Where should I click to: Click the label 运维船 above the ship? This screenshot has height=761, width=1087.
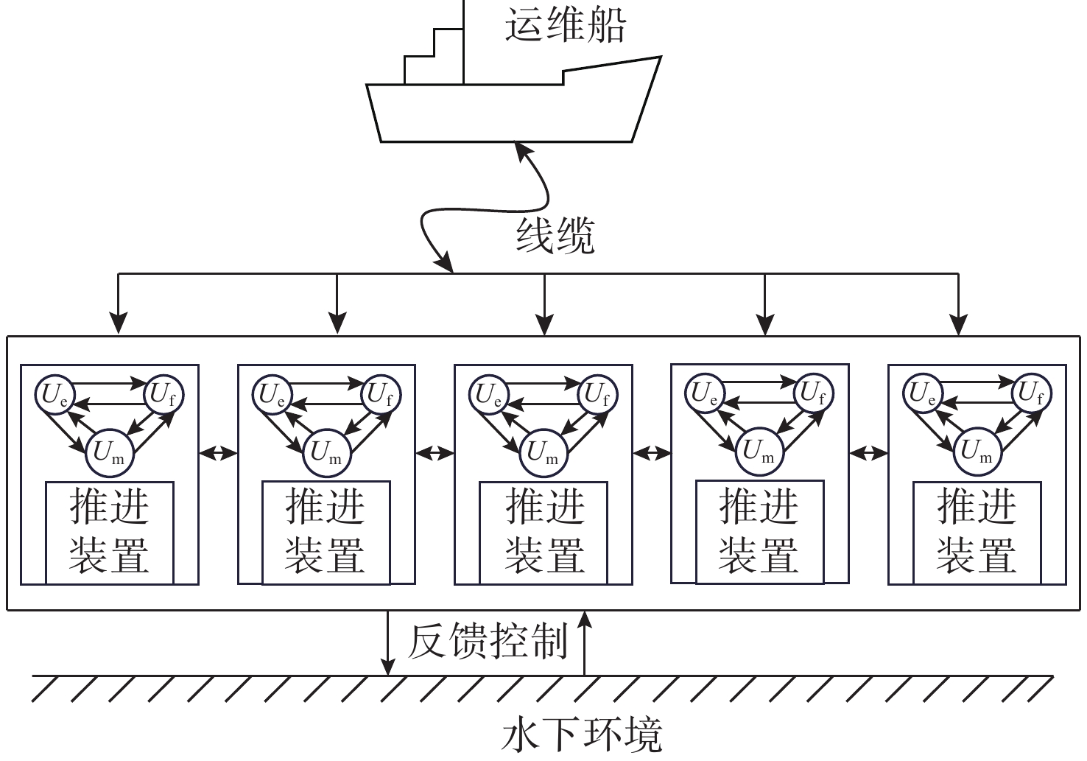[565, 25]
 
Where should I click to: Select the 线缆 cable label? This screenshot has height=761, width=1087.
[555, 235]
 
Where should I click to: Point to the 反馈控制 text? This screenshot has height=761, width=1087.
[488, 640]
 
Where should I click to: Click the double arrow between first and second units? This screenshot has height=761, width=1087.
[218, 452]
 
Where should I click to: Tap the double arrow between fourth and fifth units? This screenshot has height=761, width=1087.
[868, 452]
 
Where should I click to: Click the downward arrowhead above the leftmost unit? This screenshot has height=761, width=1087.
[118, 323]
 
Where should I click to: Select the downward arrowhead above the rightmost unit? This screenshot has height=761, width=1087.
[958, 323]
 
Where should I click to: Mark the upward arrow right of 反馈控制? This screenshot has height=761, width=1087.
[585, 641]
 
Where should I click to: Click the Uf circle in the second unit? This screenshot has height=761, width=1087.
[381, 394]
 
